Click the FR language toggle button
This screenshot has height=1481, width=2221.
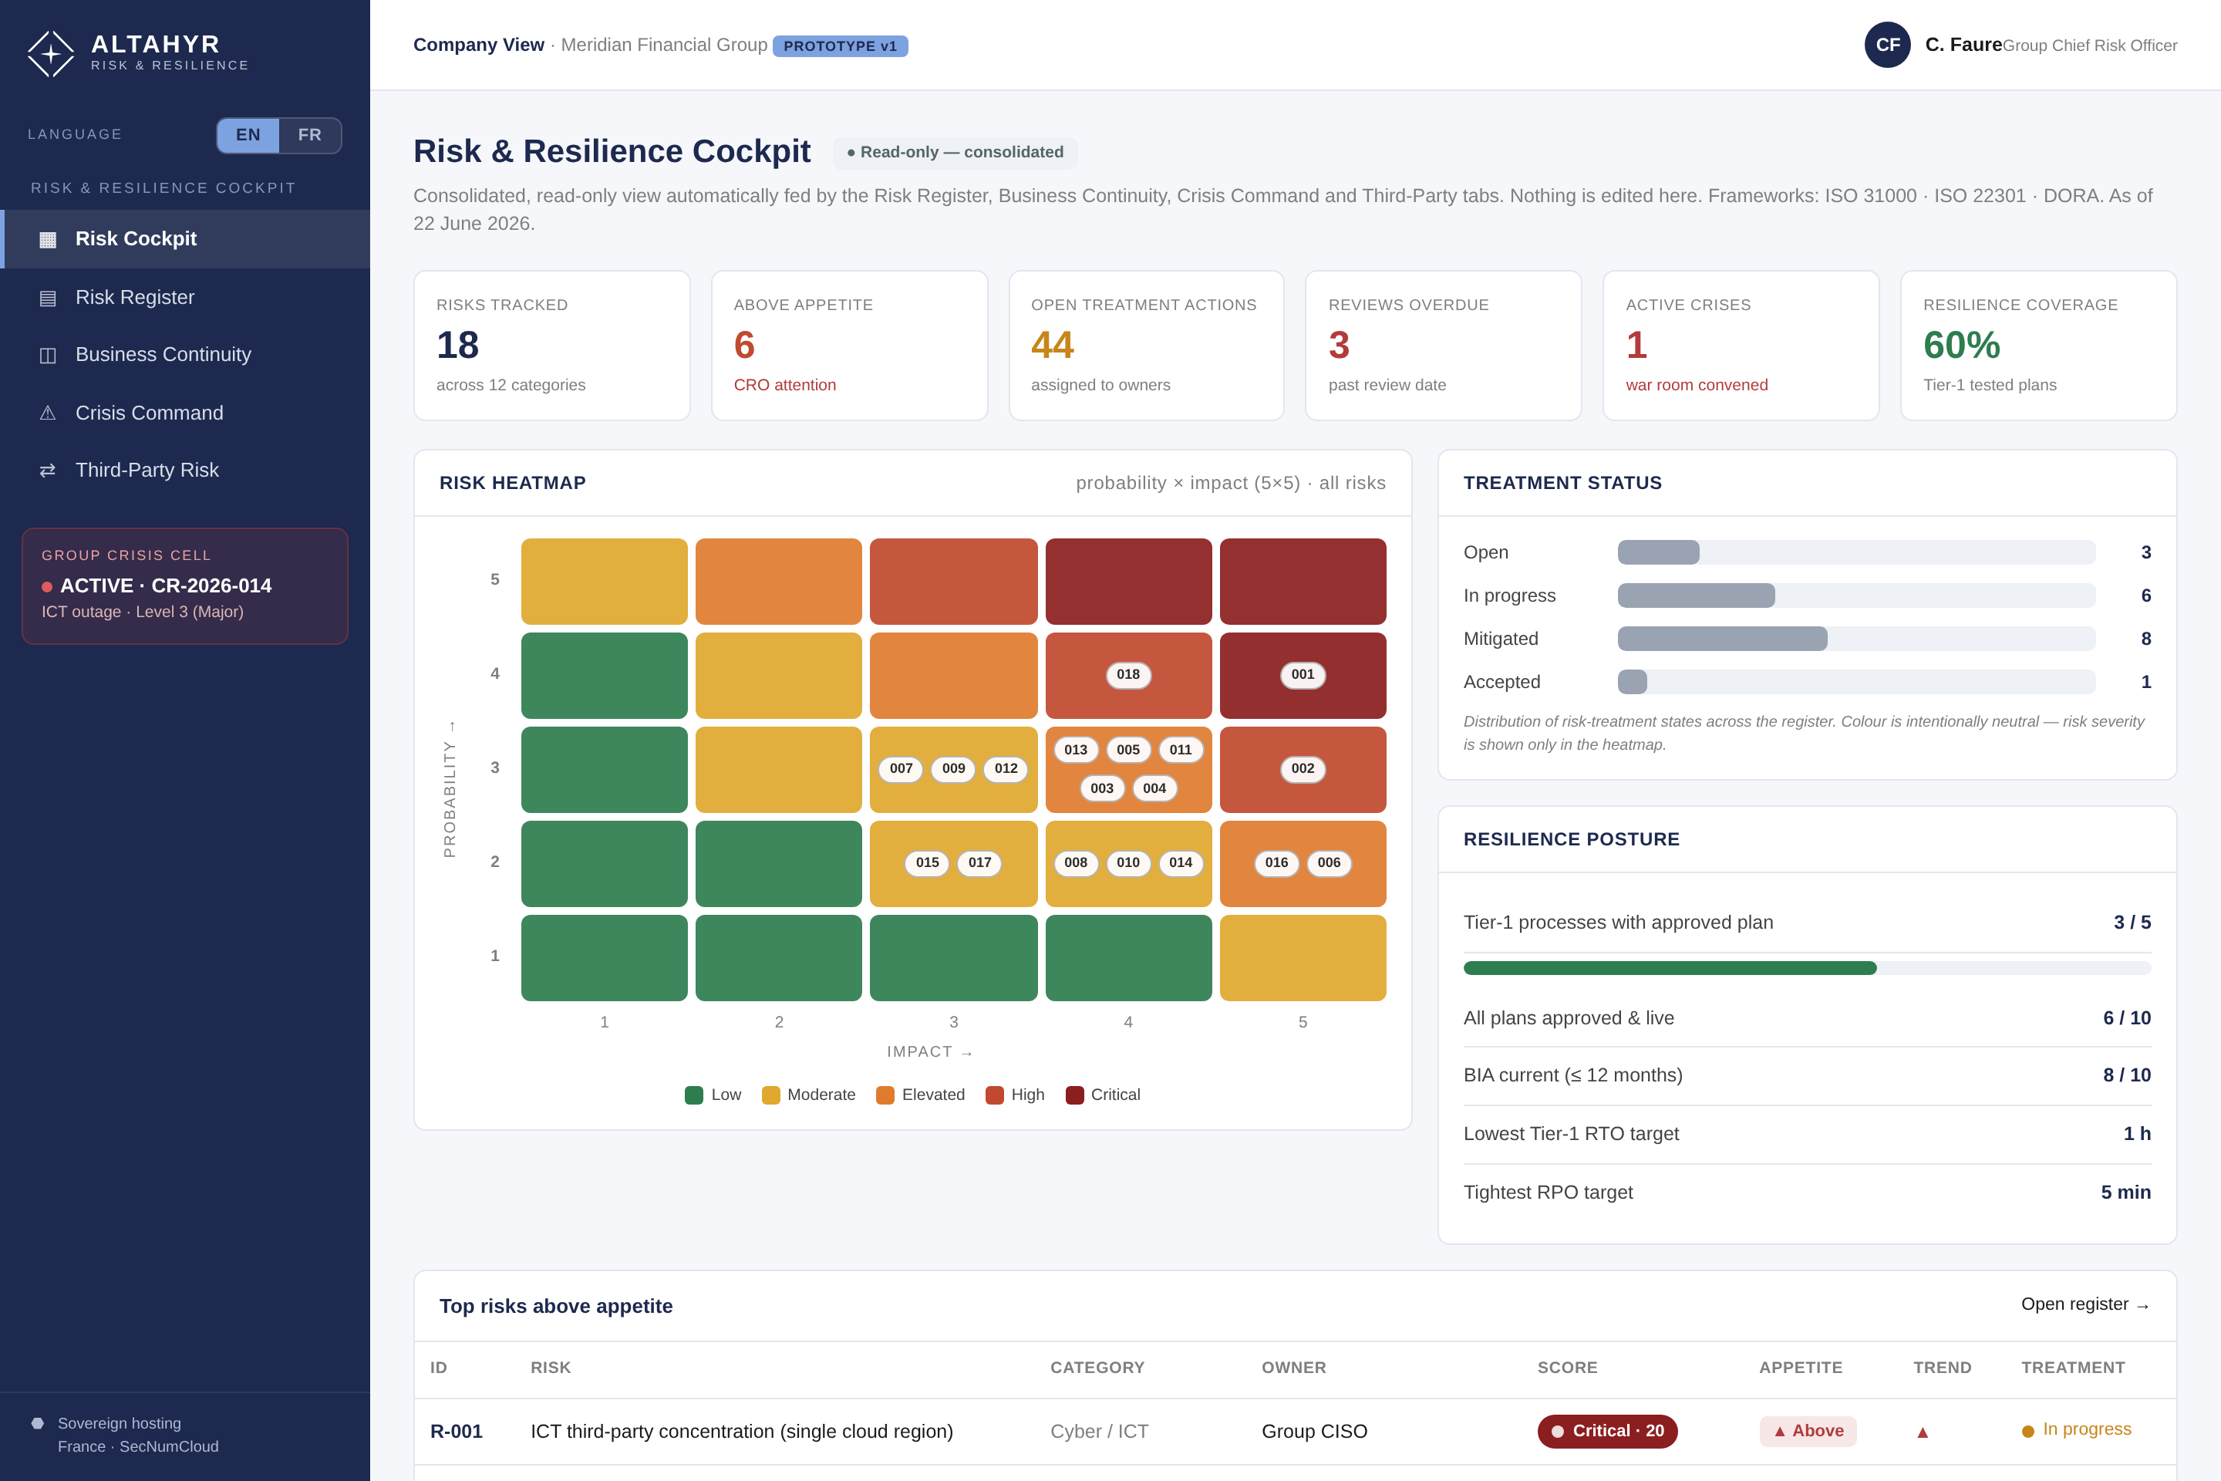[x=310, y=135]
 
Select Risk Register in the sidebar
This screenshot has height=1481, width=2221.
[x=135, y=298]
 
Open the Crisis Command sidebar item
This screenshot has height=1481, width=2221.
[x=149, y=413]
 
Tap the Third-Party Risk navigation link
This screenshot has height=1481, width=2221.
[x=147, y=471]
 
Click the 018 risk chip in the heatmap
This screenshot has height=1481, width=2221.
[x=1128, y=674]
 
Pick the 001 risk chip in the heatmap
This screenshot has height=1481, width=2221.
[x=1303, y=674]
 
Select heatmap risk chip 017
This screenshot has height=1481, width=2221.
[x=980, y=862]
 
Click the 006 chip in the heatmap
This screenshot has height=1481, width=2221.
[x=1329, y=862]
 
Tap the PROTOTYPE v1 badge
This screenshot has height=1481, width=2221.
[x=841, y=46]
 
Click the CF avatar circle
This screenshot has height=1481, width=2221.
[x=1888, y=45]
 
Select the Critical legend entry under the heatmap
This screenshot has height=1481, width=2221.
[x=1103, y=1095]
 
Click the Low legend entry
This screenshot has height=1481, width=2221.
[x=713, y=1095]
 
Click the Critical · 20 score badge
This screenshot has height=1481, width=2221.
[x=1607, y=1431]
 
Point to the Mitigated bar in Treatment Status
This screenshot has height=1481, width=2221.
[x=1722, y=639]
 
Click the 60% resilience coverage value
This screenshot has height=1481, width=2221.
[x=1961, y=345]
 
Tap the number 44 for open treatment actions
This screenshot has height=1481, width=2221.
[x=1052, y=345]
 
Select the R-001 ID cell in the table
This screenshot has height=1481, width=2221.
[x=456, y=1431]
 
